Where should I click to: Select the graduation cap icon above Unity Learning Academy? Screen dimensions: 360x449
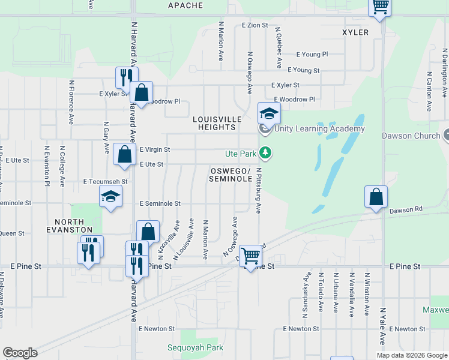pos(270,113)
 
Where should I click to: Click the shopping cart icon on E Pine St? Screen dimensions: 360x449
pos(250,256)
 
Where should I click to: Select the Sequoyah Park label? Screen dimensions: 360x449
pos(196,347)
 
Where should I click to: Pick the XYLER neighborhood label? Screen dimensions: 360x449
pos(355,32)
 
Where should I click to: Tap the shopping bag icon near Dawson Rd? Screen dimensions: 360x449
pos(376,197)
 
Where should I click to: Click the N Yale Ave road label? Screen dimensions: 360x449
pos(382,326)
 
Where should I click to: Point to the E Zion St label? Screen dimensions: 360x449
pos(255,25)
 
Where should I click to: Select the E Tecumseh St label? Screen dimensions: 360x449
pos(106,181)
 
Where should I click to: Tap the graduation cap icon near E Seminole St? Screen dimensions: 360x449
pos(111,197)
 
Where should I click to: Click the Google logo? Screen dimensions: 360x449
pos(20,353)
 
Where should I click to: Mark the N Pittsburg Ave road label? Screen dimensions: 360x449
pos(259,191)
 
